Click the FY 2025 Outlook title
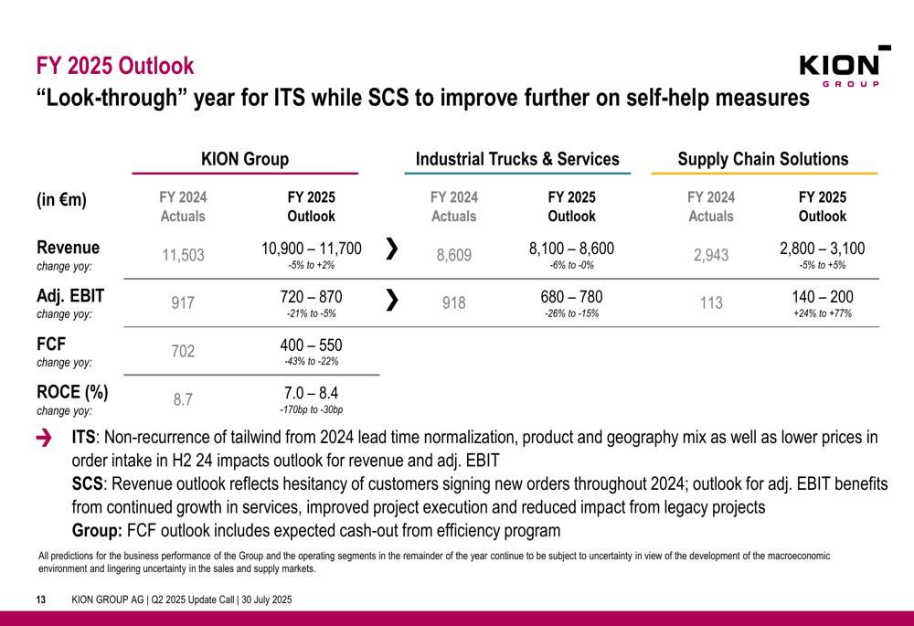coord(115,66)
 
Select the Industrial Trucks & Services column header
coord(517,159)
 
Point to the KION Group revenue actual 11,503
coord(183,256)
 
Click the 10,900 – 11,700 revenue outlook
coord(312,249)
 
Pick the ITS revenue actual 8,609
coord(454,256)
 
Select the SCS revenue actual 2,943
coord(712,256)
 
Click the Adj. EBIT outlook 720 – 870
coord(312,298)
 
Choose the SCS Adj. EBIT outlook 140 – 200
coord(822,298)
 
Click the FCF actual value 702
coord(183,354)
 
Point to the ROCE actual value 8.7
coord(183,398)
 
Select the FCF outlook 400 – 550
coord(312,345)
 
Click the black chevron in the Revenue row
coord(392,249)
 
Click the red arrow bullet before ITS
coord(44,440)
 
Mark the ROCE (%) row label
coord(71,393)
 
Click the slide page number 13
coord(40,600)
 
